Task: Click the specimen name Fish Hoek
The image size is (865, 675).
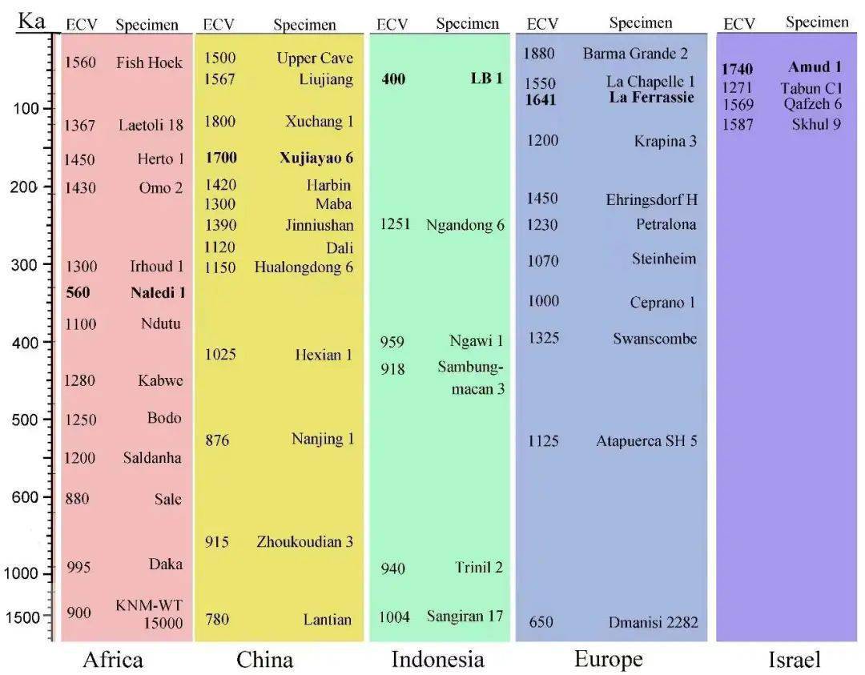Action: click(149, 62)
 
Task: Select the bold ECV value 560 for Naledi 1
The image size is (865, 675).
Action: click(78, 293)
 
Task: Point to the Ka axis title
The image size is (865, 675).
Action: click(32, 20)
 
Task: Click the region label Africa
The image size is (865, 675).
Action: click(113, 659)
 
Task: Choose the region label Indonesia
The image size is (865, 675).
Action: click(437, 659)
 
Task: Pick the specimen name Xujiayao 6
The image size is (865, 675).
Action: click(316, 158)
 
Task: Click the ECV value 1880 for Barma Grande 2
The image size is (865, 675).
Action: click(539, 54)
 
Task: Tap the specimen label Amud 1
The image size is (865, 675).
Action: click(815, 67)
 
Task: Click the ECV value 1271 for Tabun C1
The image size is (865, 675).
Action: click(738, 88)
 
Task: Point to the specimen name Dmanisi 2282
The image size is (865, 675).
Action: click(653, 622)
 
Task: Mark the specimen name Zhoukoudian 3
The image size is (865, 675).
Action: click(304, 542)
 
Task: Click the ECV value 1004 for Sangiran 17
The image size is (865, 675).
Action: click(394, 617)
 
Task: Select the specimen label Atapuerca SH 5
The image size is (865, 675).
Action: click(646, 441)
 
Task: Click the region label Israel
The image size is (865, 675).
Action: click(795, 660)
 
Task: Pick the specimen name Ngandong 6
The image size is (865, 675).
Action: click(465, 225)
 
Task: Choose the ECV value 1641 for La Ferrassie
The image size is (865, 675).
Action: click(541, 100)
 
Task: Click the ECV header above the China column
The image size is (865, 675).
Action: click(219, 25)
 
